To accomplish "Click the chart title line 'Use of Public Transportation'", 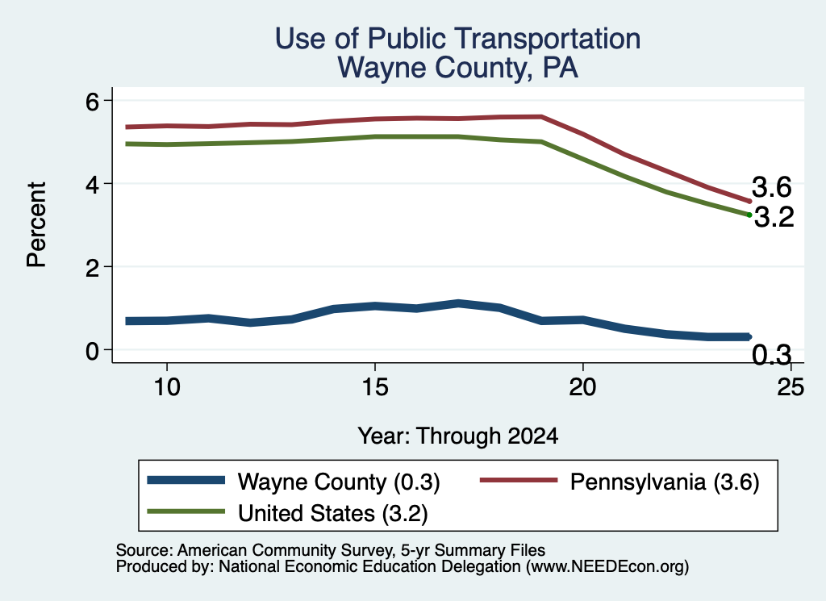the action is pyautogui.click(x=458, y=39).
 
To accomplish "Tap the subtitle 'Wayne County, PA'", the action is pyautogui.click(x=458, y=68).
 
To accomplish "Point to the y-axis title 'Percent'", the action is pyautogui.click(x=36, y=225).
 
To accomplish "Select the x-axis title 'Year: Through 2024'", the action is pyautogui.click(x=458, y=436).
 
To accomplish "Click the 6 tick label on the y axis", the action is pyautogui.click(x=92, y=101).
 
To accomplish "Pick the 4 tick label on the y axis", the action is pyautogui.click(x=92, y=185).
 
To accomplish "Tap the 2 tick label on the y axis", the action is pyautogui.click(x=92, y=268).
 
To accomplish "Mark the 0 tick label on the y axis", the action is pyautogui.click(x=92, y=351).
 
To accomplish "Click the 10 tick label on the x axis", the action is pyautogui.click(x=167, y=387).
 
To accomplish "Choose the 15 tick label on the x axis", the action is pyautogui.click(x=375, y=387).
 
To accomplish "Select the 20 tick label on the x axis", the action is pyautogui.click(x=582, y=387).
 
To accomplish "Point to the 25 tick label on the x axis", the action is pyautogui.click(x=791, y=387).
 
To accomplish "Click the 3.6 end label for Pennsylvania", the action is pyautogui.click(x=772, y=187).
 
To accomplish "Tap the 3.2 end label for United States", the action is pyautogui.click(x=774, y=217).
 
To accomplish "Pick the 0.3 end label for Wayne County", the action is pyautogui.click(x=772, y=355).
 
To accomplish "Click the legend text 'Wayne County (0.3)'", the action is pyautogui.click(x=339, y=482).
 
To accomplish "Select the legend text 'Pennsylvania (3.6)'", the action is pyautogui.click(x=665, y=482).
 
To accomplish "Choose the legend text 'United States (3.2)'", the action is pyautogui.click(x=333, y=513).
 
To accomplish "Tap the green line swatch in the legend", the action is pyautogui.click(x=186, y=511).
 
